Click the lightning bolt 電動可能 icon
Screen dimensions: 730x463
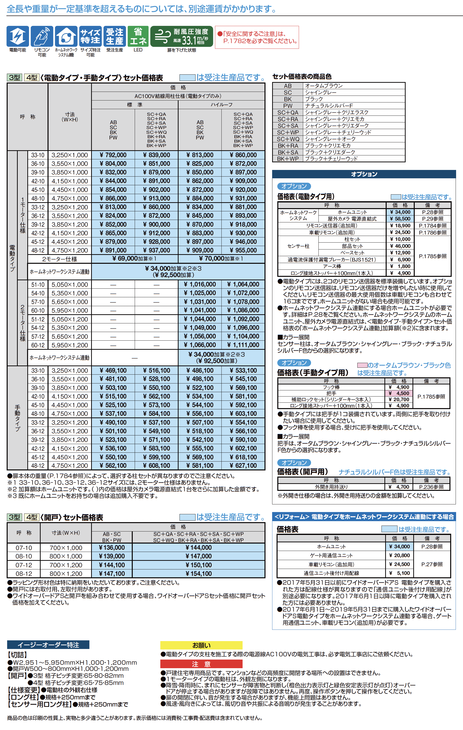[17, 37]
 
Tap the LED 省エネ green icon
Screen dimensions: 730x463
[138, 37]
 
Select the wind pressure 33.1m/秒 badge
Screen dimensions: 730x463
[181, 37]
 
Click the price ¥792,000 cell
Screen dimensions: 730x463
[113, 155]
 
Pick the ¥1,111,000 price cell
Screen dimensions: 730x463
[243, 345]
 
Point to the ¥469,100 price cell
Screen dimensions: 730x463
[113, 370]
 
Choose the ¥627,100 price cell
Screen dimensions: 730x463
[243, 466]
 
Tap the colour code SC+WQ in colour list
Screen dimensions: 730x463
[288, 139]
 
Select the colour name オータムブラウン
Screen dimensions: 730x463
[324, 86]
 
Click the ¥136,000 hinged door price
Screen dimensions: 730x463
[112, 548]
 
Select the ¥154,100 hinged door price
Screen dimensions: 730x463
[198, 574]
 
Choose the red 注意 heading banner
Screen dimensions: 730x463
[201, 664]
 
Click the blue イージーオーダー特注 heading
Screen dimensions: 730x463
[48, 645]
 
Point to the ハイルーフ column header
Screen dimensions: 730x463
[221, 105]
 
